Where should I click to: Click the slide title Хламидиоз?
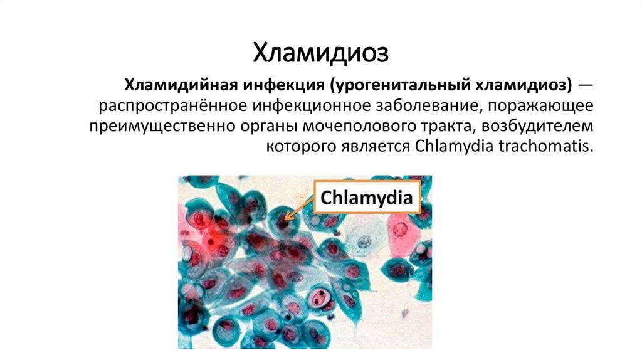(320, 53)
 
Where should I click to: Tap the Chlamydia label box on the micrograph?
(366, 199)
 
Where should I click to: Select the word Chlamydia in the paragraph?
(446, 147)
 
